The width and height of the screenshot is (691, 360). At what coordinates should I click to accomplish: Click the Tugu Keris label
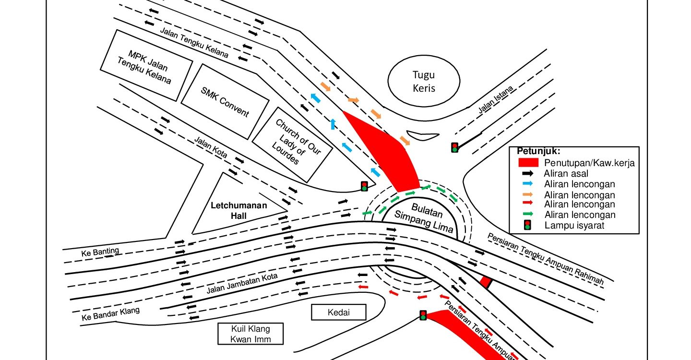tap(424, 82)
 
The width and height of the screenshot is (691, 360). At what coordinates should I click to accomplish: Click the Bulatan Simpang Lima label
tap(423, 218)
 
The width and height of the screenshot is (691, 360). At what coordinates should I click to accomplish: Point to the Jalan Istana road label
tap(495, 100)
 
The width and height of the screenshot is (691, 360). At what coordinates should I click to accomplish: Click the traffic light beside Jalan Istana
tap(454, 147)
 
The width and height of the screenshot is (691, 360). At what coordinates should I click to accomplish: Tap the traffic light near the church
tap(364, 186)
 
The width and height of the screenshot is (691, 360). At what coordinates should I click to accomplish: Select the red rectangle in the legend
tap(527, 163)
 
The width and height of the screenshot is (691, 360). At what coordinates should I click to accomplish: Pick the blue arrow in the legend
tap(528, 184)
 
